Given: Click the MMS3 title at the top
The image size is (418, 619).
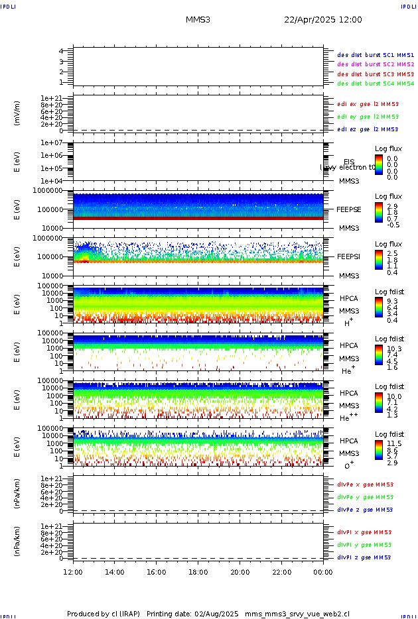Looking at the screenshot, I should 198,20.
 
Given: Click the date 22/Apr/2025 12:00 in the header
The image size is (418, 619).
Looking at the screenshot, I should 323,20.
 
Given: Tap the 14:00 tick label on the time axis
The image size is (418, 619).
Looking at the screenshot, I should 115,572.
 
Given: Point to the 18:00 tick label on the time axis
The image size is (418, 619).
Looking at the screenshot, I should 198,572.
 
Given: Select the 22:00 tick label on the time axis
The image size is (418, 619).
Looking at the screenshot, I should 281,572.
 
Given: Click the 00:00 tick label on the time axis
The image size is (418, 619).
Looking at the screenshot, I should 323,572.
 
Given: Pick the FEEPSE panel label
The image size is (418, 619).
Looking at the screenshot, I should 348,209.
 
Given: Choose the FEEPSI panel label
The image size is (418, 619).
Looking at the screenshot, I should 348,256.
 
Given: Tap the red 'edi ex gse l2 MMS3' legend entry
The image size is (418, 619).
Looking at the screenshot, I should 368,104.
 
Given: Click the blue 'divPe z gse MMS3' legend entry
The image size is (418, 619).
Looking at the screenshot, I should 365,510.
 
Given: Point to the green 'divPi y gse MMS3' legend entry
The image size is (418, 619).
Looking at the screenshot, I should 364,545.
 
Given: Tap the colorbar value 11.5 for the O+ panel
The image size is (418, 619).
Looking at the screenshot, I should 393,443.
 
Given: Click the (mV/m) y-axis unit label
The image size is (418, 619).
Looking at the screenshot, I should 18,113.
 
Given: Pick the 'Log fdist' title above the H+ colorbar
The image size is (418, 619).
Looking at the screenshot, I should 388,292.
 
